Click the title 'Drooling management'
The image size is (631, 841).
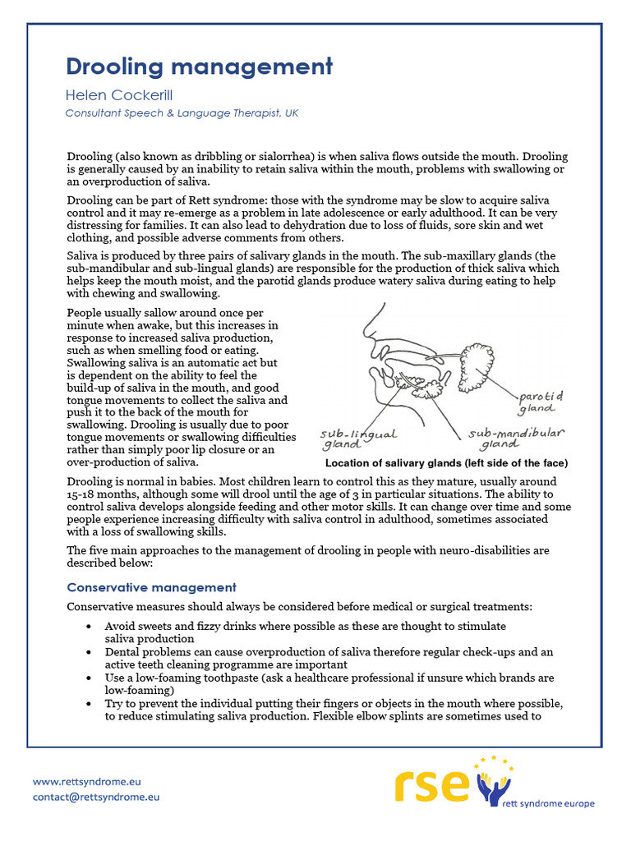pos(199,67)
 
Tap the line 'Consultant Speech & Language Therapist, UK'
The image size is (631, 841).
pos(182,113)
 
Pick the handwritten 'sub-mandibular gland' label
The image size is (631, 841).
pos(516,439)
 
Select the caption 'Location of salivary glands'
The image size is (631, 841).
pos(446,463)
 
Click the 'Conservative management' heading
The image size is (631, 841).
pos(151,587)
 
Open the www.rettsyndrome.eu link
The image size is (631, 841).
pos(90,781)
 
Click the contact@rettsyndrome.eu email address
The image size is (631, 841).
pos(96,797)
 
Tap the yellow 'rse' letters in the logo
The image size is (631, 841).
pos(433,786)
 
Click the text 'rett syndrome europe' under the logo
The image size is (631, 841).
pos(550,804)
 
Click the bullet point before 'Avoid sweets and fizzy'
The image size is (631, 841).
pos(89,626)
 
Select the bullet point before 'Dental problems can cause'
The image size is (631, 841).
pos(89,652)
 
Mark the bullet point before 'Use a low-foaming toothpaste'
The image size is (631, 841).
pos(89,678)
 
